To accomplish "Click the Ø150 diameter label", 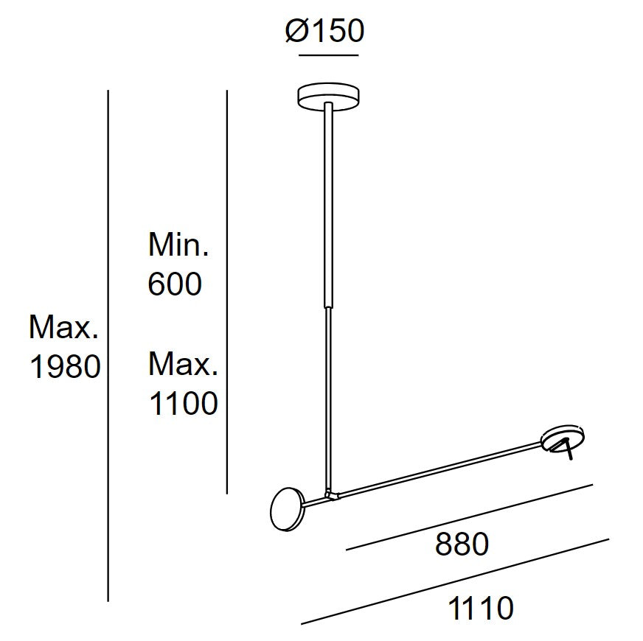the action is [324, 31].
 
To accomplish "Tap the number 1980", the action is [65, 366].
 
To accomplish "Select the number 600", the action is [175, 284].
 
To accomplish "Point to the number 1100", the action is [184, 403].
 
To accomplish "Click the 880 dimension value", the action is [462, 544].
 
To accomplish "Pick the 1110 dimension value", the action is [481, 608].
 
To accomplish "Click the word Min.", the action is [178, 245].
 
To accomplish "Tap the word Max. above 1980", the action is [64, 327].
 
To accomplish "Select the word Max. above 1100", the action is [183, 364].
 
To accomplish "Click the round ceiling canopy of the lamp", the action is [328, 97].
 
